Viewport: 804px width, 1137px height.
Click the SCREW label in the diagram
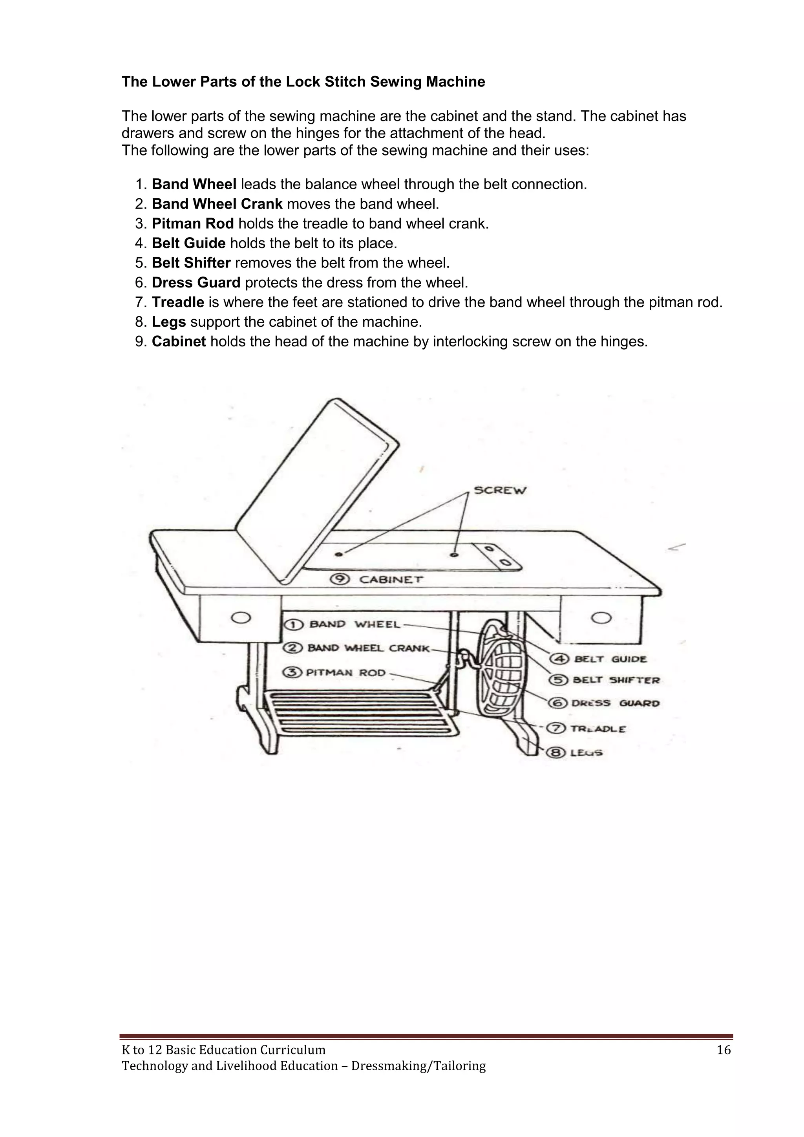click(500, 490)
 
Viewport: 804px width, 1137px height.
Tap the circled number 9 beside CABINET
click(341, 579)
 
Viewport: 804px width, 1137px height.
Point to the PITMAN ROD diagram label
click(345, 672)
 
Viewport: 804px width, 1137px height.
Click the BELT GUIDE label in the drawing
click(610, 659)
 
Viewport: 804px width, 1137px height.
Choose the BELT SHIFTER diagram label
click(616, 680)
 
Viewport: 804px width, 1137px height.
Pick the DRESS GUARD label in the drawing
click(615, 703)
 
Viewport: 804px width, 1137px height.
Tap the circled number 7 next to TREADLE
click(559, 728)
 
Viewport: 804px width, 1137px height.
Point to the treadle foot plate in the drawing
click(362, 713)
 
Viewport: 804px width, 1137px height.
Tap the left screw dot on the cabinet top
click(339, 554)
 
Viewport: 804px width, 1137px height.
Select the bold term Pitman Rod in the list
click(193, 224)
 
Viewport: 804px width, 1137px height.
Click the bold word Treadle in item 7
click(178, 302)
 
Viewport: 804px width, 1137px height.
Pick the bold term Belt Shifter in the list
click(191, 263)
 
